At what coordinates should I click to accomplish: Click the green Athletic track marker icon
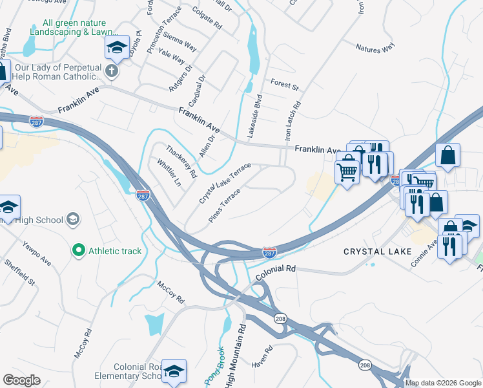point(78,249)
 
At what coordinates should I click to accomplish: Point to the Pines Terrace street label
point(225,206)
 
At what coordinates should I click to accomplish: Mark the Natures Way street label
point(375,48)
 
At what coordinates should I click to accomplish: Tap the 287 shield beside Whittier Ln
point(143,195)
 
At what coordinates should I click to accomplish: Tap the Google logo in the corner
point(22,380)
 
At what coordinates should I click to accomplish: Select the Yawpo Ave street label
point(37,251)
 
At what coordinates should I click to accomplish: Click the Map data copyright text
point(444,383)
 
